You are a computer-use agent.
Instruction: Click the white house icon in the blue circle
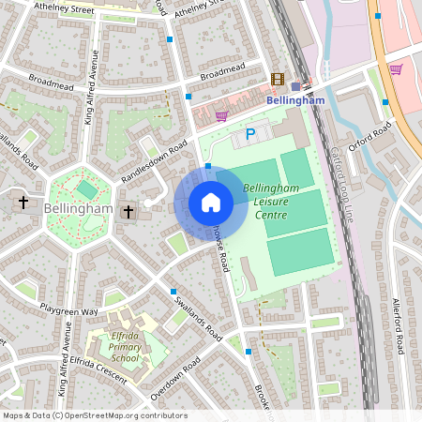(211, 202)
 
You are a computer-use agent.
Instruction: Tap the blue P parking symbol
(249, 135)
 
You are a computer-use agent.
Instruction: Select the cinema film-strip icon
(278, 81)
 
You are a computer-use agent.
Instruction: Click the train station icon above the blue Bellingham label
(295, 86)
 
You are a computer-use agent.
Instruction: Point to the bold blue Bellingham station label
(295, 100)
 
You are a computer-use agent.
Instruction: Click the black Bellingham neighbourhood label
(78, 208)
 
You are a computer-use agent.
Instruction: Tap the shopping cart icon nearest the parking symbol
(221, 116)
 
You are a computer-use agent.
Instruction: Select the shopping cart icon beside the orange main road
(396, 68)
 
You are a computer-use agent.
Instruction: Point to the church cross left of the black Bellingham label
(23, 202)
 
